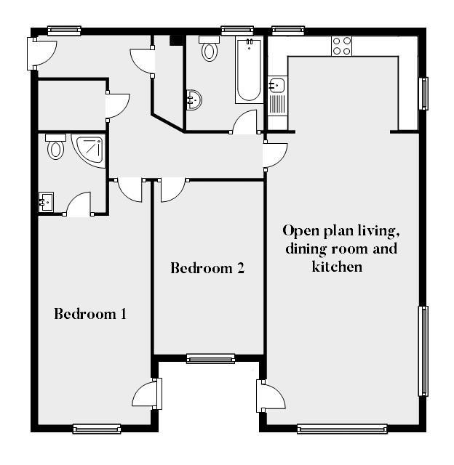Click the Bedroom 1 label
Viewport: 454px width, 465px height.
click(91, 314)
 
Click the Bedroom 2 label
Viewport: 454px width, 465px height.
click(207, 267)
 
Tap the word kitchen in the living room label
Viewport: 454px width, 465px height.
click(337, 267)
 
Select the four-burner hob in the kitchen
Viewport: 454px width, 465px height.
click(342, 46)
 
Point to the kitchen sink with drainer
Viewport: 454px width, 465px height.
click(277, 95)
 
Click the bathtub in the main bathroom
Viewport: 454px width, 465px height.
click(248, 71)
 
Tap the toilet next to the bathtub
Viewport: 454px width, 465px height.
click(210, 49)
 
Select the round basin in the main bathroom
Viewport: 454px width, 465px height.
click(194, 99)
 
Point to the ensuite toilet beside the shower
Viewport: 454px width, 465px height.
click(55, 147)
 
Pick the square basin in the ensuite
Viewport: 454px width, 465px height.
click(47, 201)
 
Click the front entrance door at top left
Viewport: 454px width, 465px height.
click(42, 52)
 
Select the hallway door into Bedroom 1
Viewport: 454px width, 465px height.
click(130, 190)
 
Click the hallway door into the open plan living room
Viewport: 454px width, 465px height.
click(275, 154)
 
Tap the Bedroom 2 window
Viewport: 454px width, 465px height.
click(210, 358)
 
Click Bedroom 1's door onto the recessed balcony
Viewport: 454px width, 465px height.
click(146, 395)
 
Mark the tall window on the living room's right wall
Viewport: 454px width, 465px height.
click(423, 352)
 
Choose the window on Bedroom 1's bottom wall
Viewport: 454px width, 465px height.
click(97, 429)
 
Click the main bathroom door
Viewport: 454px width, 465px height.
click(245, 123)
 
